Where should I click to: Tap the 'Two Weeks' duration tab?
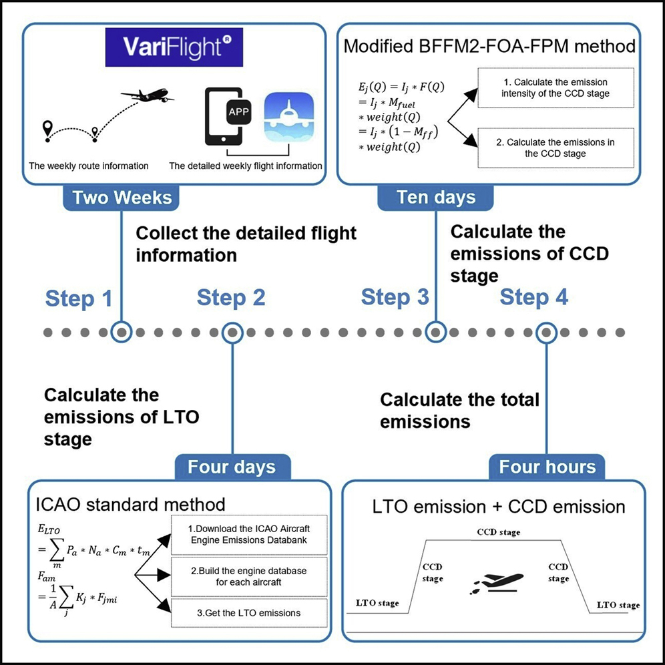(123, 198)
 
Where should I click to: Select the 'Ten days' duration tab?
(436, 198)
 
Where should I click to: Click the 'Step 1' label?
(79, 298)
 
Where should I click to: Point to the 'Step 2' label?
(231, 298)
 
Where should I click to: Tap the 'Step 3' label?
(395, 298)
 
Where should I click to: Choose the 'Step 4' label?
(534, 298)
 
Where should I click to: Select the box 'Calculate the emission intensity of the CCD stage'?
(564, 87)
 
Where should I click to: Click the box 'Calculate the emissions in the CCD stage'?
(564, 148)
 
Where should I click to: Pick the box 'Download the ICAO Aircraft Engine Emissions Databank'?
(248, 535)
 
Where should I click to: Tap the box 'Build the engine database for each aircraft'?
(248, 577)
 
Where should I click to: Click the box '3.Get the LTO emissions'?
(248, 612)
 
